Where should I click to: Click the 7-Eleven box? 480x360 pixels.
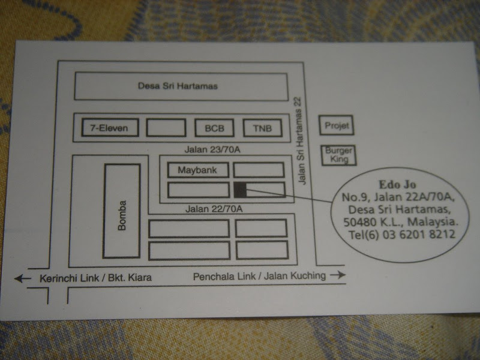click(x=110, y=127)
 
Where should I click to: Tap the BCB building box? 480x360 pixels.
click(x=214, y=128)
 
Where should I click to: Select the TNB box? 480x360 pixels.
click(x=263, y=128)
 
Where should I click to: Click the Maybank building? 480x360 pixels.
click(x=198, y=170)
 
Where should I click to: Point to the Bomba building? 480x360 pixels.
click(x=122, y=211)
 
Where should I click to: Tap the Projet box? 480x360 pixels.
click(x=337, y=125)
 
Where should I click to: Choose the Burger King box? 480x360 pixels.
click(x=339, y=155)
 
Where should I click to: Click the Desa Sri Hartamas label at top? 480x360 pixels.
click(x=178, y=86)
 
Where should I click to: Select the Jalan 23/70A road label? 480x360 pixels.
click(x=212, y=149)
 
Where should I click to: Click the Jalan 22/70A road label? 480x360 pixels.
click(x=214, y=209)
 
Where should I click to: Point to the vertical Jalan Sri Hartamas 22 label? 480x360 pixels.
click(x=300, y=141)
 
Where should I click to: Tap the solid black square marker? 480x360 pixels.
click(x=241, y=190)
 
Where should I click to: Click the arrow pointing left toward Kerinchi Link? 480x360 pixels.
click(x=23, y=278)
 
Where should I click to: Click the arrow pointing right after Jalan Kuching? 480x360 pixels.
click(x=338, y=275)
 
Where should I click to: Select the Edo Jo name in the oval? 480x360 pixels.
click(x=397, y=184)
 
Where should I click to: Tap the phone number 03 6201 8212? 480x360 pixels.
click(x=418, y=235)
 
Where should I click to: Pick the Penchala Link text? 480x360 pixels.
click(x=224, y=277)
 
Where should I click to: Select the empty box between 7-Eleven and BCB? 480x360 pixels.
click(x=166, y=128)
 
